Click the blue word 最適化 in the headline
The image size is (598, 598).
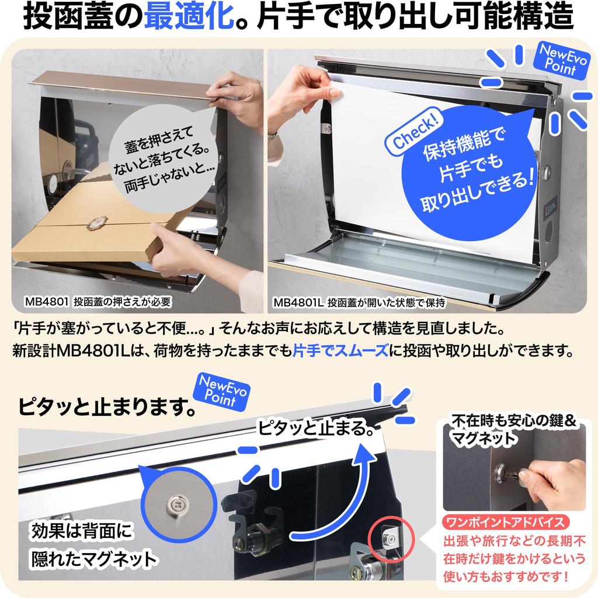(189, 16)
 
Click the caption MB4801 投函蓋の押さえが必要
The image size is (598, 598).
(98, 302)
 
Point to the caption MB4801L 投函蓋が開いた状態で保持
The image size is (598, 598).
(359, 303)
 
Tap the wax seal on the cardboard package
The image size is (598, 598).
(97, 222)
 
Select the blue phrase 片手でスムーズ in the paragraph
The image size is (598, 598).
(340, 350)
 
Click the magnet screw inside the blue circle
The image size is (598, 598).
(176, 504)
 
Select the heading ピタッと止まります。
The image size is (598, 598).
(107, 407)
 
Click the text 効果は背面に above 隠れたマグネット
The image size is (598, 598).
(81, 530)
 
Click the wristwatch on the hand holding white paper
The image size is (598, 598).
(272, 135)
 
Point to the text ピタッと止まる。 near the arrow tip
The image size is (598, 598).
(316, 428)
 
